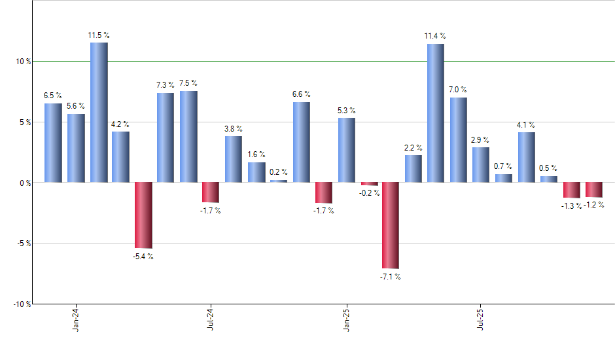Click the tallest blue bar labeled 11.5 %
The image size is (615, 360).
[99, 112]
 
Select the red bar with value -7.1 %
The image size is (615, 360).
[391, 225]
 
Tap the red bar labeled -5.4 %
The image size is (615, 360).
[143, 215]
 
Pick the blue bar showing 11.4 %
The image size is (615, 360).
[435, 113]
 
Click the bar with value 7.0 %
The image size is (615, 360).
[458, 139]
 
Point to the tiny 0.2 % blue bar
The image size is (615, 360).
[279, 181]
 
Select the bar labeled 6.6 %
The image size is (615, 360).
[301, 142]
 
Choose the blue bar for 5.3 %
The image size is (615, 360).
[346, 150]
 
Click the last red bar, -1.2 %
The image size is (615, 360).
[593, 189]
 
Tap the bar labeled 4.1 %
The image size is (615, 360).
[526, 157]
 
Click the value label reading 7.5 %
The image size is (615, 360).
[188, 83]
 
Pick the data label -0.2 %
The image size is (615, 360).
[369, 193]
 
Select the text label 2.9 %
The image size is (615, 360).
[480, 140]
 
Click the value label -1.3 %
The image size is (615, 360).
[571, 206]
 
